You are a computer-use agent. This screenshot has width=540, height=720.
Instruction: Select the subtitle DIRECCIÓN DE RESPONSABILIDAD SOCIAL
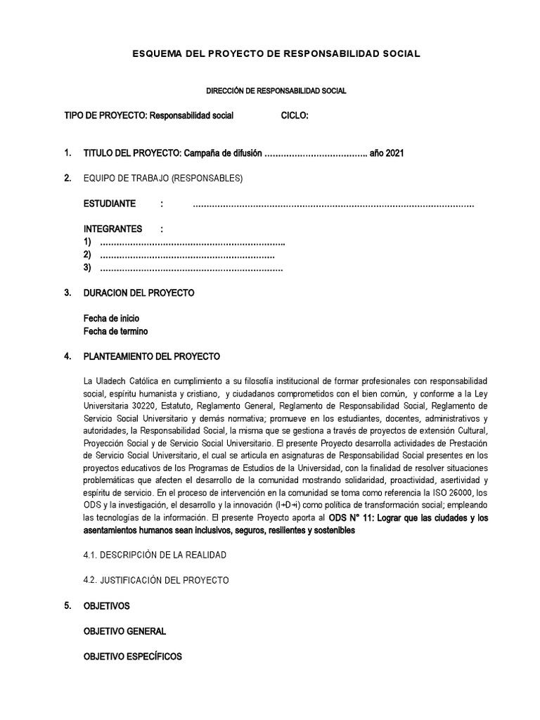[276, 91]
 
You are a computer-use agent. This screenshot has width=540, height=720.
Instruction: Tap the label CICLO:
[295, 115]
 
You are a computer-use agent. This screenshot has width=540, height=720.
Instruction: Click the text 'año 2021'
[388, 153]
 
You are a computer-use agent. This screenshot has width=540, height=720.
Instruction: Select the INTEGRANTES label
[112, 229]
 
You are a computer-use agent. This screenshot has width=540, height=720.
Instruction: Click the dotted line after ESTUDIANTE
[333, 205]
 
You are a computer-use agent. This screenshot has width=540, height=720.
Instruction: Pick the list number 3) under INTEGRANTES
[88, 267]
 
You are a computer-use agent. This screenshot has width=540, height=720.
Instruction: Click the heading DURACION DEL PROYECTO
[139, 292]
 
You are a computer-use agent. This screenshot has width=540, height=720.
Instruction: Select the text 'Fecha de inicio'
[111, 319]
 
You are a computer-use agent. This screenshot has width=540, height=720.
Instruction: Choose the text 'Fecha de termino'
[116, 331]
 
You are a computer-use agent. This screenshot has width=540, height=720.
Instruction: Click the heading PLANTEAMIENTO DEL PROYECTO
[152, 356]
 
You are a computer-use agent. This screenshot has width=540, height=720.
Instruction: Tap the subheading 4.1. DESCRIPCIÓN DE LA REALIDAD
[155, 555]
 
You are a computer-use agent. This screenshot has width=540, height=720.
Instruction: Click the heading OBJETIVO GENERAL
[124, 631]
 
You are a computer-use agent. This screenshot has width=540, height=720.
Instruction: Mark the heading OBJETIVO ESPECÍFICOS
[132, 657]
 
